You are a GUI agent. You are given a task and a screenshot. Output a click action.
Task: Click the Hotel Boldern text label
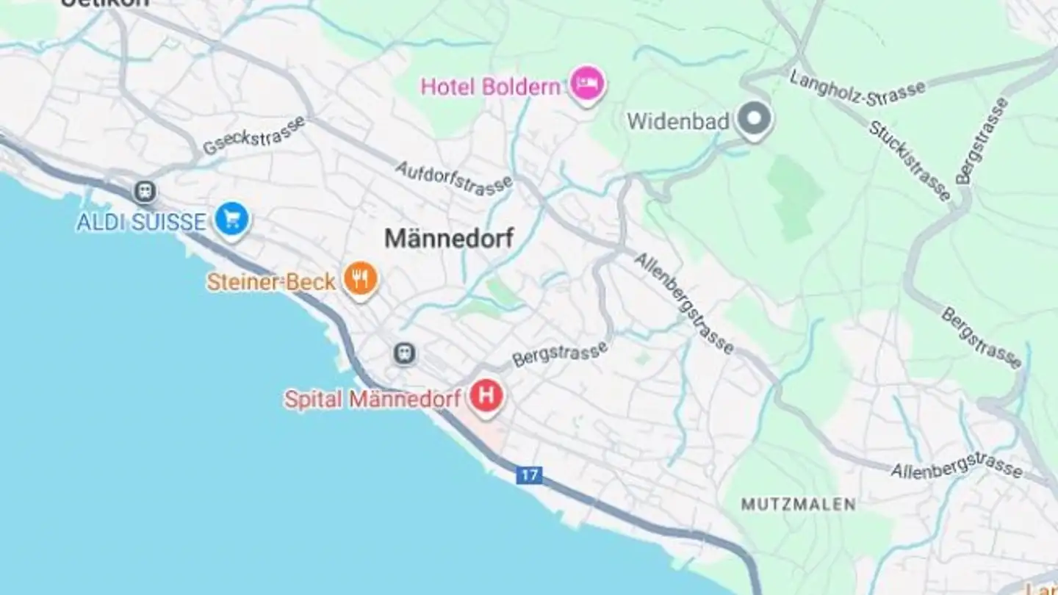tap(490, 87)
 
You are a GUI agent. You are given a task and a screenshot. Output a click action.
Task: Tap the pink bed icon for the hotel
tap(587, 84)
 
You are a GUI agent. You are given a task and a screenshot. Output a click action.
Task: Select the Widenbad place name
tap(677, 121)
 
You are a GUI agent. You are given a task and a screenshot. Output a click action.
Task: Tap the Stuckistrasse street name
tap(910, 160)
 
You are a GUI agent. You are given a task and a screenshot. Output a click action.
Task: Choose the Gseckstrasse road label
tap(253, 135)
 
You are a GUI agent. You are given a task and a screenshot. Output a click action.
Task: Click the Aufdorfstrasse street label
tap(453, 178)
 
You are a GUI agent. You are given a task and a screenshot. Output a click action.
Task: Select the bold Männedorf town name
tap(449, 238)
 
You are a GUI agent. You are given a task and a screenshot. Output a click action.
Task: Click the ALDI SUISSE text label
tap(141, 222)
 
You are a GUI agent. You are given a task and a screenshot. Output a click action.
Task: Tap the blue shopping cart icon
tap(233, 219)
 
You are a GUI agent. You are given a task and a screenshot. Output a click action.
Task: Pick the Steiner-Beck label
tap(271, 281)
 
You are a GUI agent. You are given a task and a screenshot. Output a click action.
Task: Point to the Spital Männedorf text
tap(373, 399)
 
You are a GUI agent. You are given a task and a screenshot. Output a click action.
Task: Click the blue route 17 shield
tap(529, 475)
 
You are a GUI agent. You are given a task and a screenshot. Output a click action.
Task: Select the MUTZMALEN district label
tap(798, 505)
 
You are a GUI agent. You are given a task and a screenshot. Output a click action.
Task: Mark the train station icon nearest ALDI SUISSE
tap(145, 192)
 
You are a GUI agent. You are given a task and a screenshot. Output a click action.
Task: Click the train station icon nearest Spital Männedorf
tap(403, 353)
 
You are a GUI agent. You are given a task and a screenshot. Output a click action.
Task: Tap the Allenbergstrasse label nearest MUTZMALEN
tap(956, 465)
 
